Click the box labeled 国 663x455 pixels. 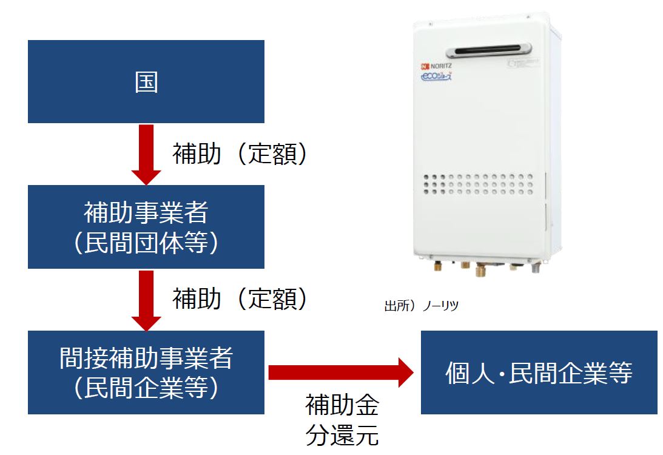pos(146,81)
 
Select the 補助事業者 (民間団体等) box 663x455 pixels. pos(146,226)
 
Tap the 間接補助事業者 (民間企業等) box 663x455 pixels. pos(146,372)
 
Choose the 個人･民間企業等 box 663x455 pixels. pos(539,372)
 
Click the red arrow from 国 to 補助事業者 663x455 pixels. pos(146,153)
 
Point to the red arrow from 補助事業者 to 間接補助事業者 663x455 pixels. pos(146,299)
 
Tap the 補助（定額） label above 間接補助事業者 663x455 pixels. pos(240,298)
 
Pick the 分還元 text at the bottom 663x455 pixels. pos(342,435)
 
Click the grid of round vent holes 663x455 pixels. pos(479,184)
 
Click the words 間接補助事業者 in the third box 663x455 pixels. pos(146,358)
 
